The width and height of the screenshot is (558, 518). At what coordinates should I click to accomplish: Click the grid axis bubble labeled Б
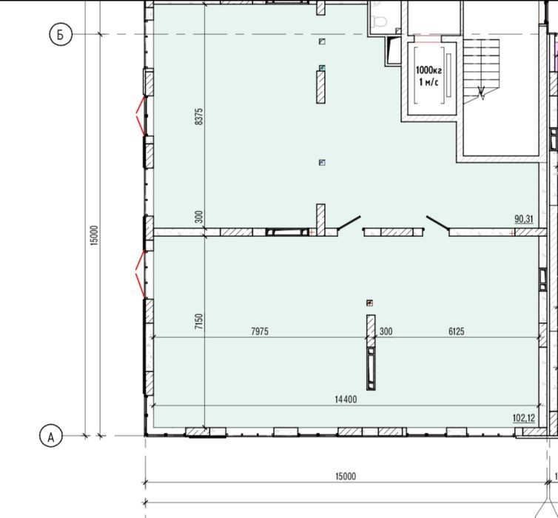[61, 35]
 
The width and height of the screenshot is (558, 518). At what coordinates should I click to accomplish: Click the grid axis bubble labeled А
[51, 436]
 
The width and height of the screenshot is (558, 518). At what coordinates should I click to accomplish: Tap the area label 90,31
[524, 219]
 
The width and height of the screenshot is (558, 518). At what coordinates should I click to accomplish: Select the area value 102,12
[524, 418]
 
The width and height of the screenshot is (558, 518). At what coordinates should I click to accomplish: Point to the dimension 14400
[346, 400]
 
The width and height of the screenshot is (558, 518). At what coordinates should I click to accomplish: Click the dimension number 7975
[260, 332]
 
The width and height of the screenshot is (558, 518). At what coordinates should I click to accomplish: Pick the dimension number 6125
[456, 332]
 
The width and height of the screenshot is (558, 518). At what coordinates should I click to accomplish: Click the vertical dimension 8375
[199, 116]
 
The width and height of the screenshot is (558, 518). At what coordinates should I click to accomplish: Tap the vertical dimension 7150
[199, 321]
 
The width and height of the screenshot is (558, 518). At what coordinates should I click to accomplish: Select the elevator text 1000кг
[428, 70]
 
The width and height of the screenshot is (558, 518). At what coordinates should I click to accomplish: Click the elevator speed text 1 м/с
[428, 83]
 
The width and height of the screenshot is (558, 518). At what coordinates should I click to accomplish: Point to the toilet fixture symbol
[378, 20]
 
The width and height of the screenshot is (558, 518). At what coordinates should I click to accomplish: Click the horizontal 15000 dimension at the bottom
[346, 476]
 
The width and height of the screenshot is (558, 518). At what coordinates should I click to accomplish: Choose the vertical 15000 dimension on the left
[94, 235]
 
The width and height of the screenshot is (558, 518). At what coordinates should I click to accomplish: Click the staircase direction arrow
[482, 94]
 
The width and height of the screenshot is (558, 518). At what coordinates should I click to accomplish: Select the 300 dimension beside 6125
[386, 332]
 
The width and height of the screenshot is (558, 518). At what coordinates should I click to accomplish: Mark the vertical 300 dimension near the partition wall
[199, 217]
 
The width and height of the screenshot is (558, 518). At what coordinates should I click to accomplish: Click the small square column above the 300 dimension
[370, 303]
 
